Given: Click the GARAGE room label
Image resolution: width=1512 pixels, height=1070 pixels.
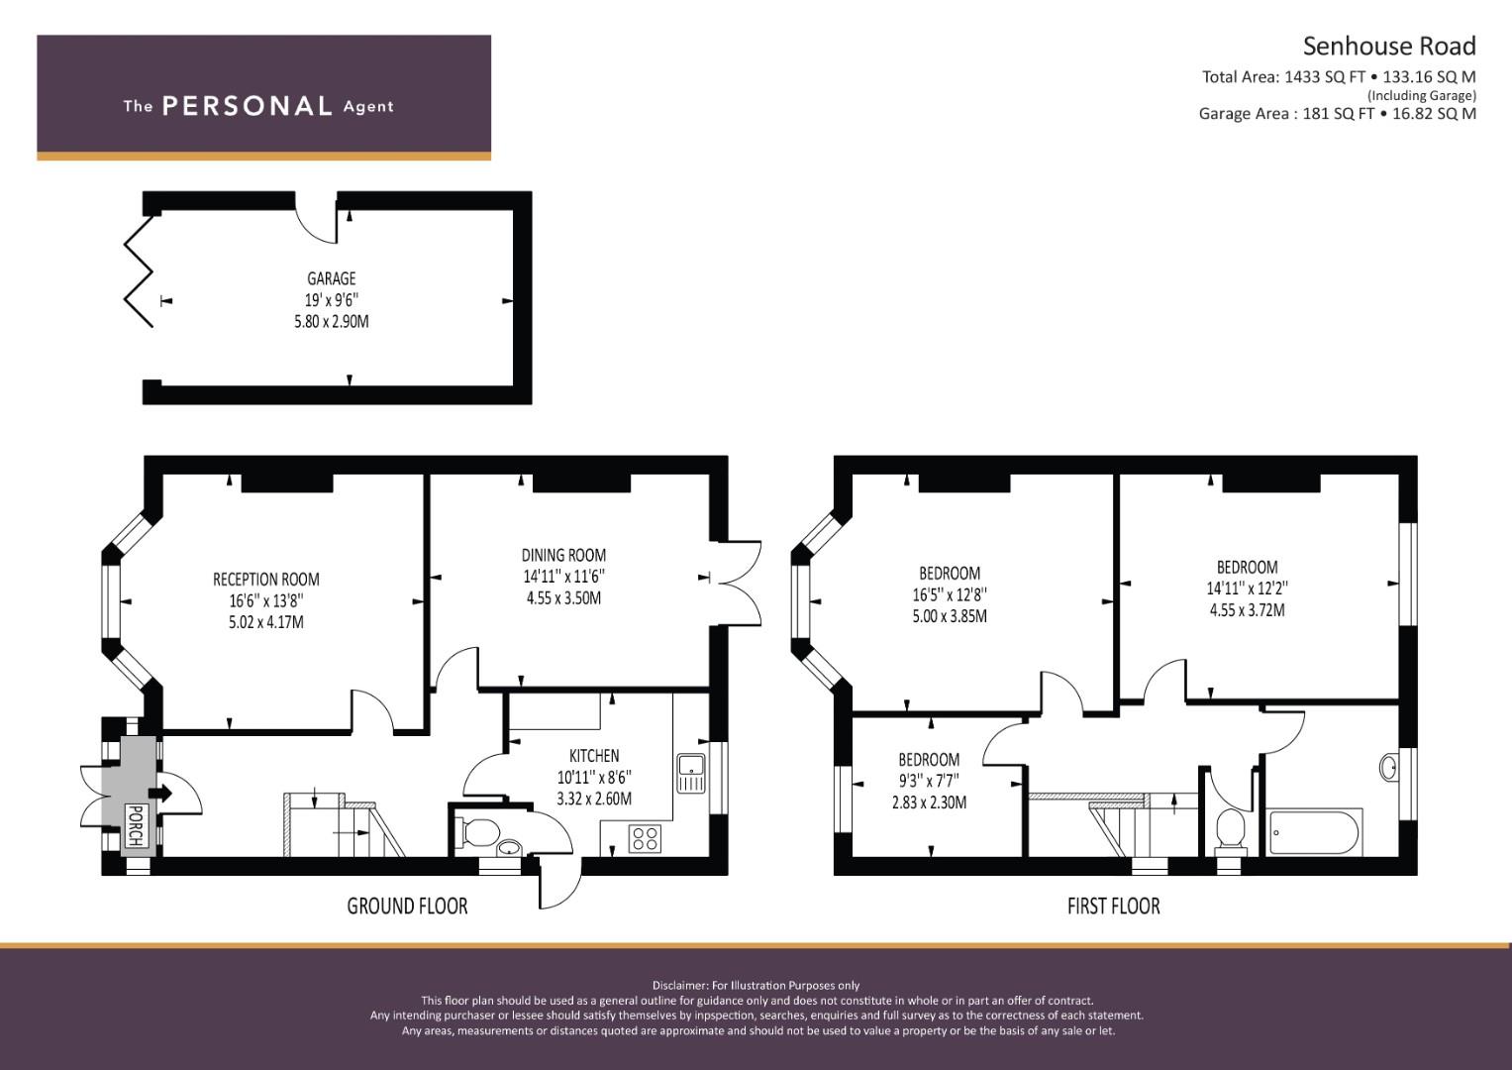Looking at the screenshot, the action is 331,278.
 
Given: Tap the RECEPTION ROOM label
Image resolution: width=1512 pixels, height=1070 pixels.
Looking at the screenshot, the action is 266,579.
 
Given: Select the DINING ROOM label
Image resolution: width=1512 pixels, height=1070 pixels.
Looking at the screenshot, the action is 563,555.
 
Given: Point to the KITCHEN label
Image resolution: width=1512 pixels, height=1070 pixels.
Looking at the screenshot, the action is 594,755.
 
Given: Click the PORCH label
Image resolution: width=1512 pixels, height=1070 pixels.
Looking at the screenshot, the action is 136,825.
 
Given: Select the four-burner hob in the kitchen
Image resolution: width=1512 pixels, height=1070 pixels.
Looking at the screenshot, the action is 645,838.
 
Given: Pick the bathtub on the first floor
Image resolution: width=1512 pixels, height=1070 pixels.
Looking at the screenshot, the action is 1316,831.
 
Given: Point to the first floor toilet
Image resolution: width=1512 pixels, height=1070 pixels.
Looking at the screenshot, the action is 1231,830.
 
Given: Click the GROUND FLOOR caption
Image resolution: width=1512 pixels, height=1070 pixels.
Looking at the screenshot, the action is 407,906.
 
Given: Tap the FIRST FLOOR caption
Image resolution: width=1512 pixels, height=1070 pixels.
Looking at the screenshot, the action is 1114,906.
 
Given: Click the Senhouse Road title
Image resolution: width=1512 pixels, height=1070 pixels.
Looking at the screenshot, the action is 1389,46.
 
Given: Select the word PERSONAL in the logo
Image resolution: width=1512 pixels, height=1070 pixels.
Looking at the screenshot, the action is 248,106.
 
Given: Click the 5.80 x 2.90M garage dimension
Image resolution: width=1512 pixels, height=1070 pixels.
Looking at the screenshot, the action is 332,322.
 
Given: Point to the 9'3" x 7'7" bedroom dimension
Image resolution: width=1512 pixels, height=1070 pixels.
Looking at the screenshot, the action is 929,781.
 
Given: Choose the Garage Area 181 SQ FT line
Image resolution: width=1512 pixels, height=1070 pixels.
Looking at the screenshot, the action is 1337,114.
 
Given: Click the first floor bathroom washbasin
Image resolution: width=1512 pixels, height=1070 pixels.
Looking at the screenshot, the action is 1388,768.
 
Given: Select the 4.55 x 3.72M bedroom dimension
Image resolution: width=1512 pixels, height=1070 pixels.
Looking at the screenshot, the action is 1248,610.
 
